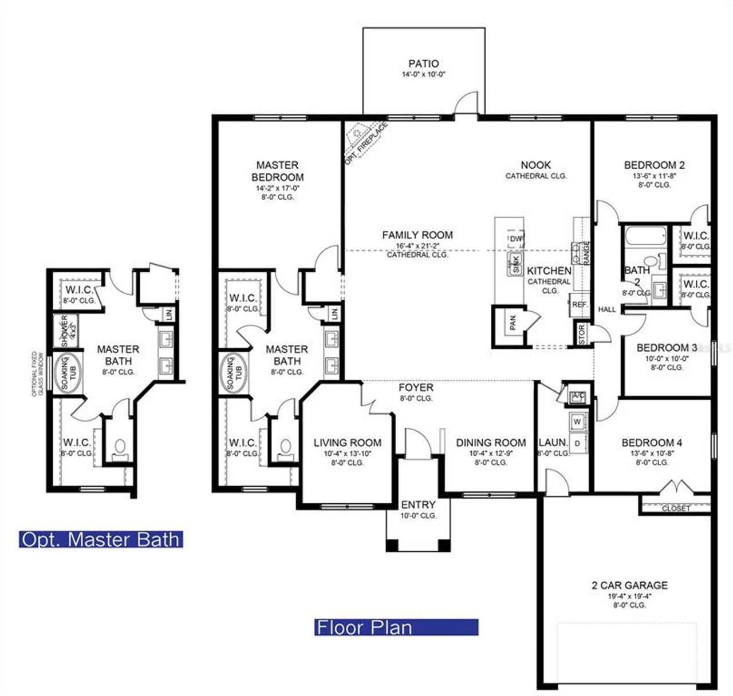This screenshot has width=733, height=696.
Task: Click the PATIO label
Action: [424, 64]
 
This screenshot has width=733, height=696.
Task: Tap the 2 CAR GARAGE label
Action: [629, 585]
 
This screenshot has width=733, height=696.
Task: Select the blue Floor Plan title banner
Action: [396, 627]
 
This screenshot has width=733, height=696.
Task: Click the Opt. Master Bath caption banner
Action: [101, 539]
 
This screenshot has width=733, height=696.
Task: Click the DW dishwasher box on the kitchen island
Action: [515, 238]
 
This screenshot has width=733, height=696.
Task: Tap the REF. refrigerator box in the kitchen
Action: [580, 305]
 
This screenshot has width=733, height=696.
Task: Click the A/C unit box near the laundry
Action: [577, 396]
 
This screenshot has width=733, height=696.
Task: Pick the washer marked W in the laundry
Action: [577, 421]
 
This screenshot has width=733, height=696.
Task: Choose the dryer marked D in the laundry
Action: [577, 443]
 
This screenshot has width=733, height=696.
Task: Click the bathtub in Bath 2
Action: [645, 236]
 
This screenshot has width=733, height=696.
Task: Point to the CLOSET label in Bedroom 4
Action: [676, 508]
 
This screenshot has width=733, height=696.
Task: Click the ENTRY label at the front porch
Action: [418, 504]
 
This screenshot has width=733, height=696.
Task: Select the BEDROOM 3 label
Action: [667, 347]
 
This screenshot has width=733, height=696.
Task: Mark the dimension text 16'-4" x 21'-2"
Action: [417, 246]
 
